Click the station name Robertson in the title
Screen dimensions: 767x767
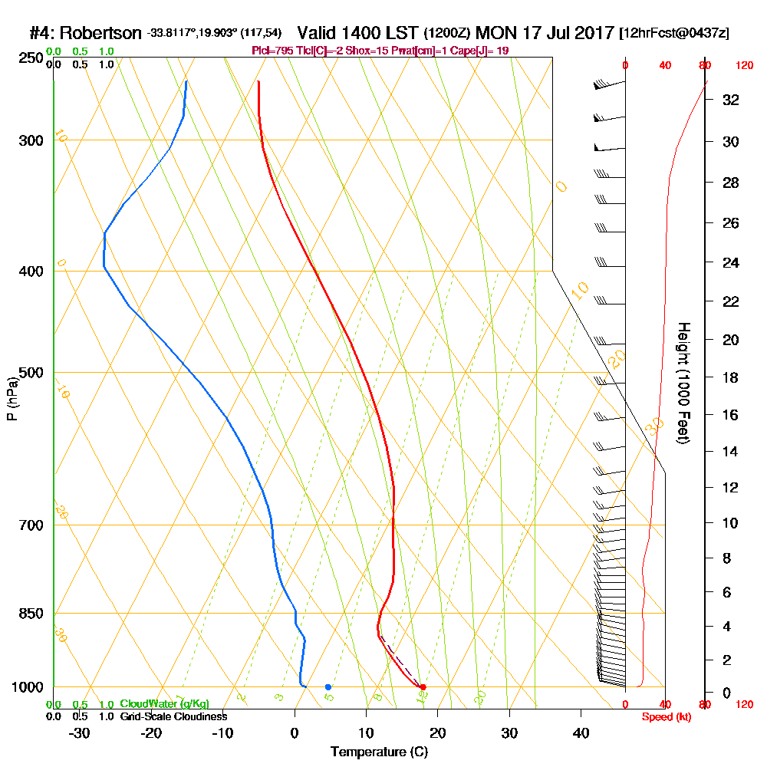click(x=100, y=33)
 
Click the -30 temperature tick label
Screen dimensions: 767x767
click(x=79, y=732)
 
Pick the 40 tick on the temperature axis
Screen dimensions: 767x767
click(x=581, y=732)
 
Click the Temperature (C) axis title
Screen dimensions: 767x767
click(x=379, y=752)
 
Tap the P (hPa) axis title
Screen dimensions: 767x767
click(x=12, y=398)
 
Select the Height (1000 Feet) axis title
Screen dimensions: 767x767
click(x=682, y=383)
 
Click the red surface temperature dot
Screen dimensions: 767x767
click(x=423, y=686)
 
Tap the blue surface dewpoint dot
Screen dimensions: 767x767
click(x=328, y=686)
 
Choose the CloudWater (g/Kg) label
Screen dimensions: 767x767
click(x=164, y=704)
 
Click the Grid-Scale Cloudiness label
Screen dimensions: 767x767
click(x=173, y=716)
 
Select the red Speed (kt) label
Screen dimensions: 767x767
click(x=666, y=717)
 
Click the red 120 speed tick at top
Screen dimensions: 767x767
click(x=744, y=65)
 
